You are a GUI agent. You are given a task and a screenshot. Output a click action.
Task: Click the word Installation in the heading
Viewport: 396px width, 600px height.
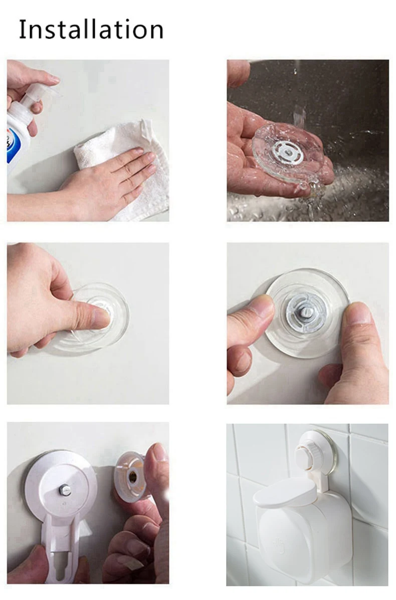(91, 29)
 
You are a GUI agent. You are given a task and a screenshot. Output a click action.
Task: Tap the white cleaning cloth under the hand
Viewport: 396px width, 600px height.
(126, 168)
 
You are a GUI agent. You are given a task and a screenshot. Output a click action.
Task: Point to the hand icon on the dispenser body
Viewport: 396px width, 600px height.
(279, 546)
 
